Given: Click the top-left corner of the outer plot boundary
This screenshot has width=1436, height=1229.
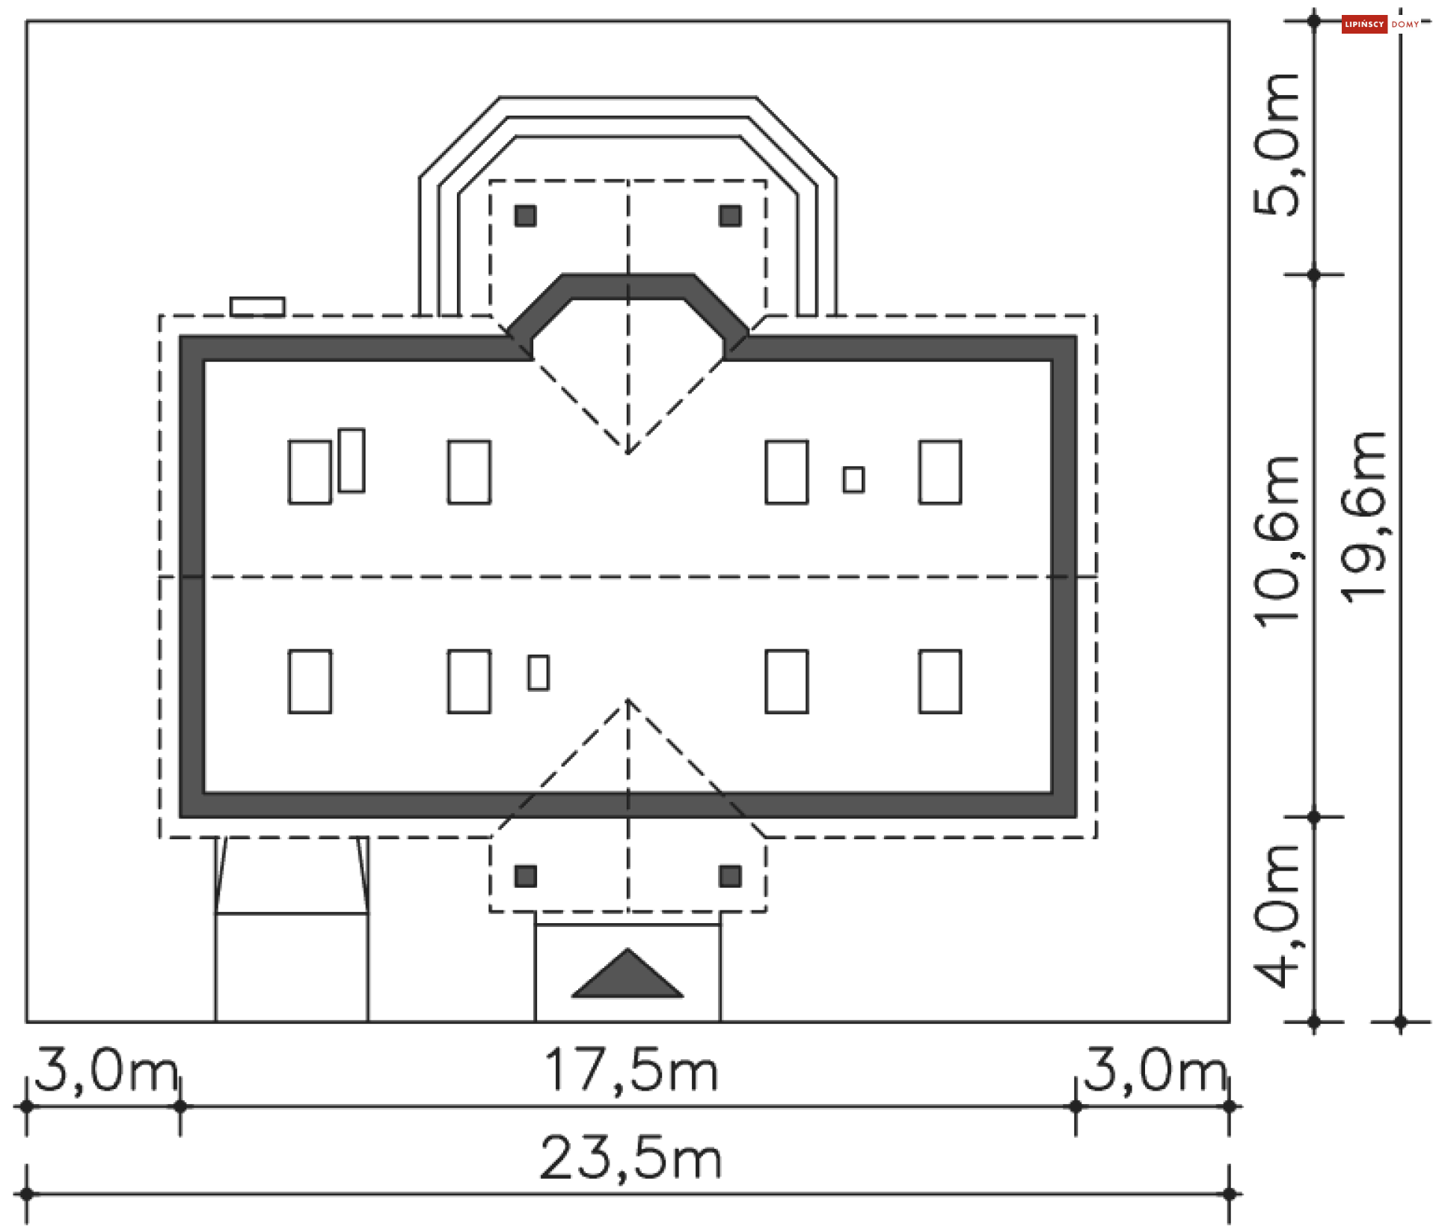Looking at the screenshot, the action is click(27, 21).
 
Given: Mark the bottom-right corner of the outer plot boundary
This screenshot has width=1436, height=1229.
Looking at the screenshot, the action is click(1229, 1021).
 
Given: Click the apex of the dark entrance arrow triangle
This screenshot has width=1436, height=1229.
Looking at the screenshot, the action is click(628, 949).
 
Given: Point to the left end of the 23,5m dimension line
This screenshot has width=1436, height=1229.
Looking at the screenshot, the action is click(27, 1194).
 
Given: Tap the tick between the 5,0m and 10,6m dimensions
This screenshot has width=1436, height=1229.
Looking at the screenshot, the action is click(1314, 275).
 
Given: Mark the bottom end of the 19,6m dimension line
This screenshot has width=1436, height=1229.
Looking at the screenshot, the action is click(1401, 1021).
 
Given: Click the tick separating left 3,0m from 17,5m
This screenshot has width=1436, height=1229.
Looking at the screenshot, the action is click(179, 1106).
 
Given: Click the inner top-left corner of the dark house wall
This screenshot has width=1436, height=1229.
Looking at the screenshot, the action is click(204, 361).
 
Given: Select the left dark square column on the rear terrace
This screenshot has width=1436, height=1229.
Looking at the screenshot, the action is click(525, 216).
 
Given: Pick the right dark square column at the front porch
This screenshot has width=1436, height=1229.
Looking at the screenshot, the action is click(730, 876).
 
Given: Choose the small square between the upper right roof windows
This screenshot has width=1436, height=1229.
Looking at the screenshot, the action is click(853, 479).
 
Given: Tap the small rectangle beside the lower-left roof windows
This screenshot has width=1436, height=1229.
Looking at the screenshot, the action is click(538, 672).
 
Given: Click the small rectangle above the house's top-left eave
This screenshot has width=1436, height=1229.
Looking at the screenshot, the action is click(257, 307).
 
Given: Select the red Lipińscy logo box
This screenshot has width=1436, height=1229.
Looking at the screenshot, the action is click(1364, 24).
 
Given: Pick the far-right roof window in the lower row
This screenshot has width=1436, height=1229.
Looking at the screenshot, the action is click(940, 681).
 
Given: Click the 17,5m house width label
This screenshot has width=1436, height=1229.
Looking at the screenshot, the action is click(631, 1071).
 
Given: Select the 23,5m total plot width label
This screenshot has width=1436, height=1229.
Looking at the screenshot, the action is click(630, 1159).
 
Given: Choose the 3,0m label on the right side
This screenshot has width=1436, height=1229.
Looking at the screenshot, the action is click(1156, 1070).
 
